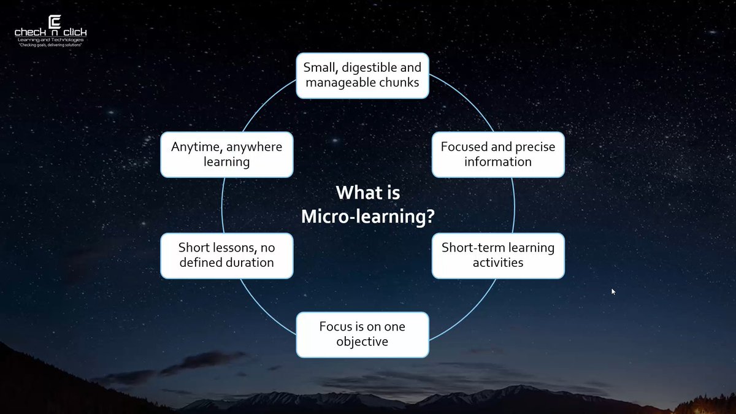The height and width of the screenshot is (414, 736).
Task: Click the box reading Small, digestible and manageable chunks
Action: coord(362,75)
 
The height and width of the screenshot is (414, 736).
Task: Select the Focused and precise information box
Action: coord(498,155)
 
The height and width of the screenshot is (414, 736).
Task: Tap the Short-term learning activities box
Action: coord(498,255)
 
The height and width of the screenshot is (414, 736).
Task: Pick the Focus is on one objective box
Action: coord(362,334)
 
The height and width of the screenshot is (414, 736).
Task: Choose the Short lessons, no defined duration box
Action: coord(226,255)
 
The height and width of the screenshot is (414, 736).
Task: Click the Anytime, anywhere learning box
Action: coord(226,155)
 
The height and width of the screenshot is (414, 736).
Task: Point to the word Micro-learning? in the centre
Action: coord(368,217)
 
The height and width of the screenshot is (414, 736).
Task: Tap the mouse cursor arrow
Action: coord(613,292)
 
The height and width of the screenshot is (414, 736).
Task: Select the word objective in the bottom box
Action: coord(362,342)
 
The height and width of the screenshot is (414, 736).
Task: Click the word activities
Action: coord(498,263)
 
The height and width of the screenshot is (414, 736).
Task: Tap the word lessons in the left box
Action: coord(232,248)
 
